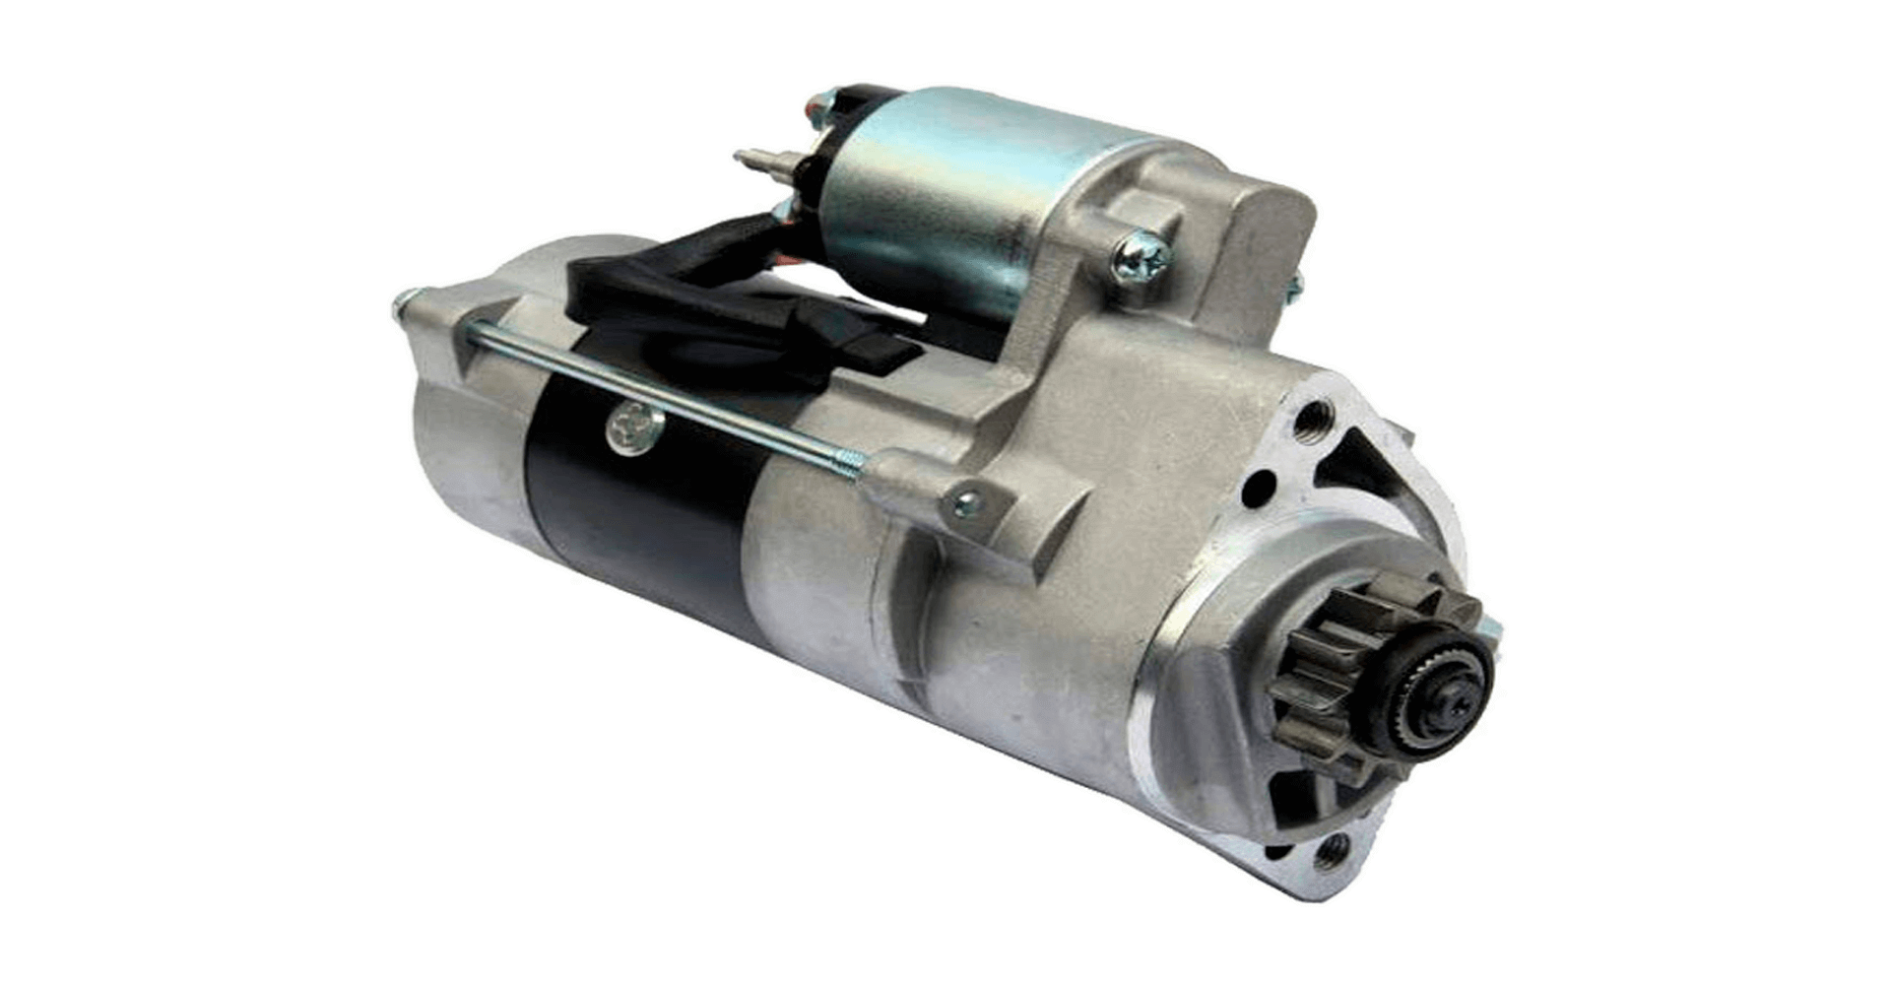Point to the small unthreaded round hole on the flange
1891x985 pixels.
tap(1258, 489)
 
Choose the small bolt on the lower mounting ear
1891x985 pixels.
tap(966, 506)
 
